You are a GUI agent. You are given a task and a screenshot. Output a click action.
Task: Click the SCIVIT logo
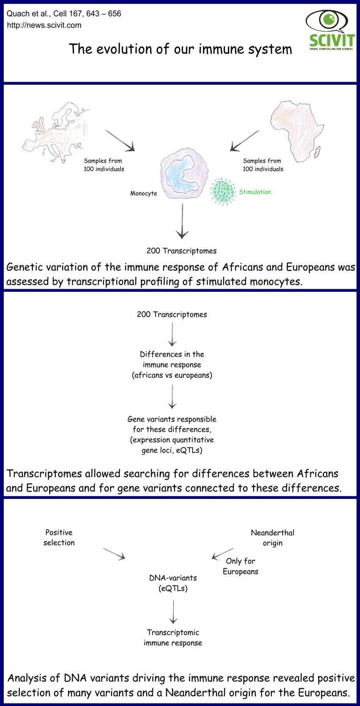tap(330, 30)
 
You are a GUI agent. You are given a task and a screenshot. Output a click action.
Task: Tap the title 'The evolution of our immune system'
tap(180, 49)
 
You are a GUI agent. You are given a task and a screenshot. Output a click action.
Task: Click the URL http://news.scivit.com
tap(44, 25)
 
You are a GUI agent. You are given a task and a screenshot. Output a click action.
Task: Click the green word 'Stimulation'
tap(255, 192)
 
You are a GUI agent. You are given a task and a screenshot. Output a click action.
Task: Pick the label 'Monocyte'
tap(143, 193)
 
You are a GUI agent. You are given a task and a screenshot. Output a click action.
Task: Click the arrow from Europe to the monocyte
tap(120, 141)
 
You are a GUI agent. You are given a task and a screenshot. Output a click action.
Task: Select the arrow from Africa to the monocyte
tap(244, 141)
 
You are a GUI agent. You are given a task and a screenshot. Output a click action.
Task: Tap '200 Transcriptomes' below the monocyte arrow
tap(181, 251)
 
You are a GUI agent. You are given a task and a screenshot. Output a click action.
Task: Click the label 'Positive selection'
tap(59, 537)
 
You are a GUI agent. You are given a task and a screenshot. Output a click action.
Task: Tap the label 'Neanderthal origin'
tap(273, 538)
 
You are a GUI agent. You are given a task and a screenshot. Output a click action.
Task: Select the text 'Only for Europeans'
tap(240, 566)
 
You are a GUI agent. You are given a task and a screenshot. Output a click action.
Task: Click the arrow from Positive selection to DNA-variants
tap(114, 553)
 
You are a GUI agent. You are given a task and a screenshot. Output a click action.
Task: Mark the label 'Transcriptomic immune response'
tap(173, 638)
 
